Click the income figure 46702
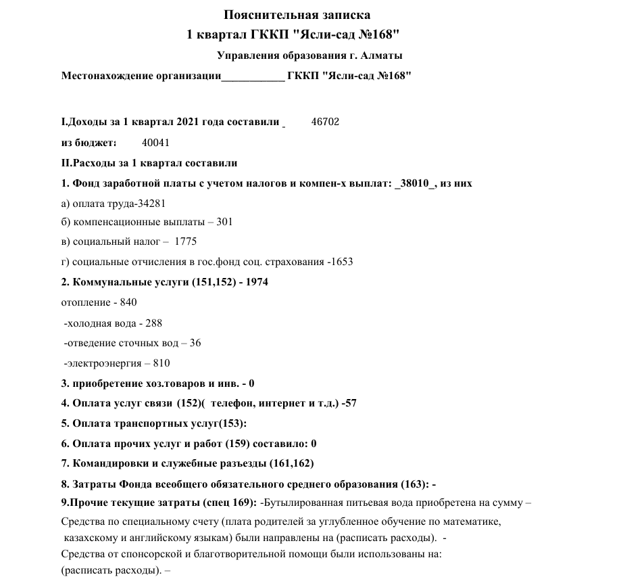[x=325, y=122]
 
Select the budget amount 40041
[x=156, y=143]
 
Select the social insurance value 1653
[x=341, y=262]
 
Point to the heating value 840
[x=128, y=302]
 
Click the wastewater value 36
[x=195, y=343]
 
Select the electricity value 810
[x=161, y=363]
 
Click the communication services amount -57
[x=349, y=404]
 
